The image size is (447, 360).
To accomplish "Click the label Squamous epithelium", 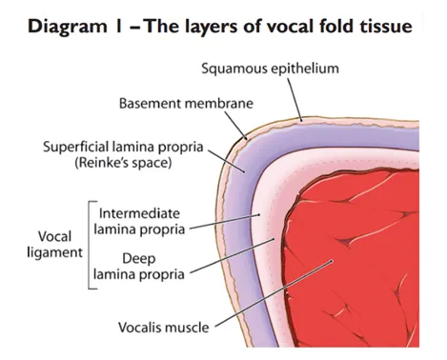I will click(x=269, y=70).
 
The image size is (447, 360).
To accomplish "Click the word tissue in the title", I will click(x=385, y=22).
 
